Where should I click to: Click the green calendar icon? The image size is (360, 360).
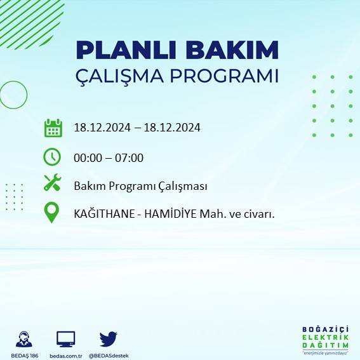[53, 128]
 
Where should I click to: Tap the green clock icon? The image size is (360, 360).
[52, 156]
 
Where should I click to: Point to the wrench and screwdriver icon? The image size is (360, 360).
[52, 183]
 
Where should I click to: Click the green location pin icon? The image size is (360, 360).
[52, 212]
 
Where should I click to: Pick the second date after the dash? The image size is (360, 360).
[172, 128]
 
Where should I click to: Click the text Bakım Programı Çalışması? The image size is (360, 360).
[140, 187]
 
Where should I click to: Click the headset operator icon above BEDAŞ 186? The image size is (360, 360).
[25, 338]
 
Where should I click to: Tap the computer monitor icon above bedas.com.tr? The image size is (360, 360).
[66, 338]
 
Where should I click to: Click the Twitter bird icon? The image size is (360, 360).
[108, 338]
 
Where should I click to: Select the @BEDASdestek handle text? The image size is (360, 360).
[108, 355]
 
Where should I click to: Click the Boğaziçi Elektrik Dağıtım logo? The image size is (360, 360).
[325, 339]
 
